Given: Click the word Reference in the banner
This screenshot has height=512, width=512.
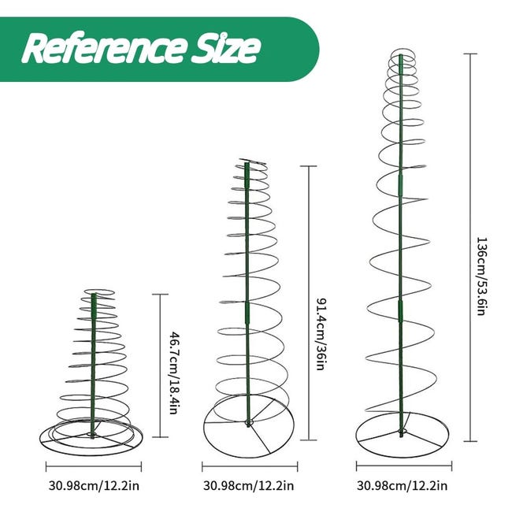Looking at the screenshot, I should click(x=98, y=48).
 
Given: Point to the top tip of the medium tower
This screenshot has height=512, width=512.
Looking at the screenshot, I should click(x=247, y=164).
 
